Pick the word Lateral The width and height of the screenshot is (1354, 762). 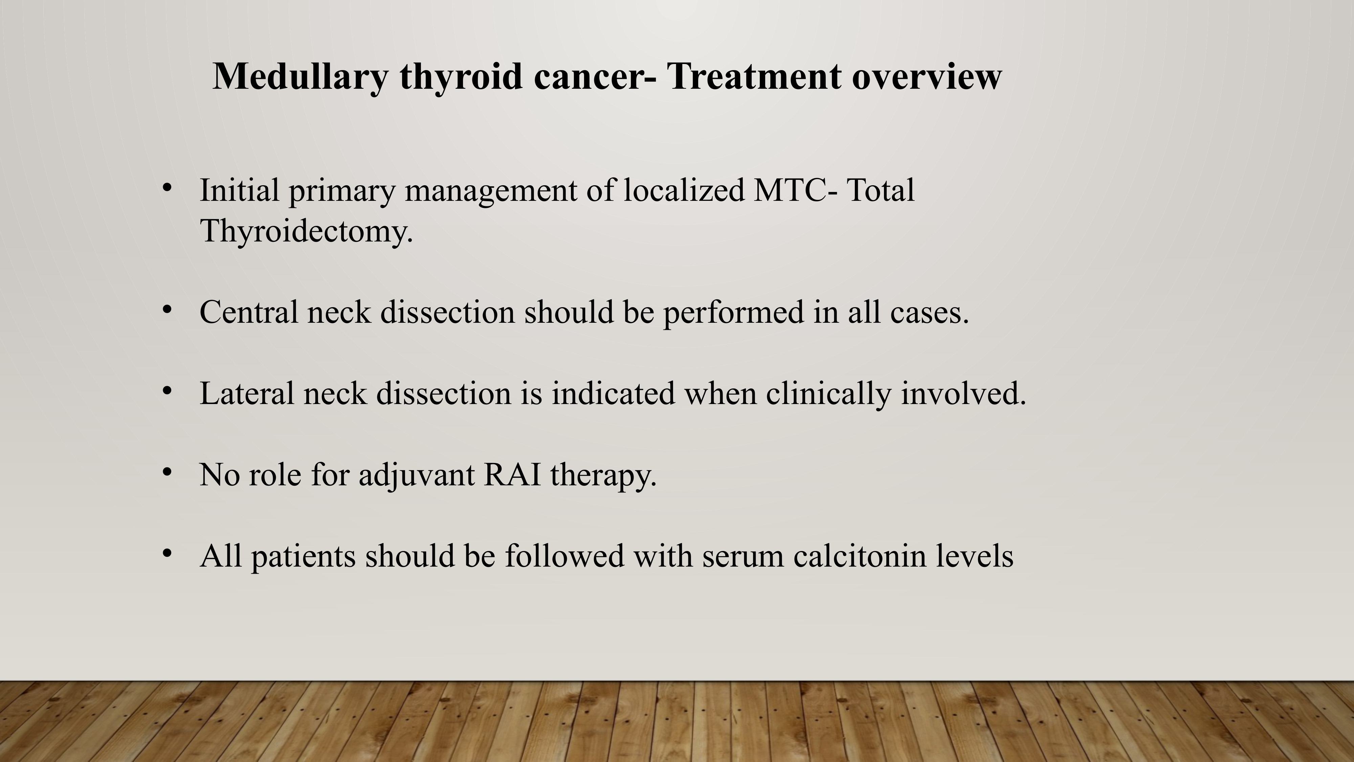point(246,393)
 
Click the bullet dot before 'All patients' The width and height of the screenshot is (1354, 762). point(167,553)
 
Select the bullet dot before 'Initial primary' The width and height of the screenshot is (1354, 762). point(167,187)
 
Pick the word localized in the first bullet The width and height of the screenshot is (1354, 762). point(684,190)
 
